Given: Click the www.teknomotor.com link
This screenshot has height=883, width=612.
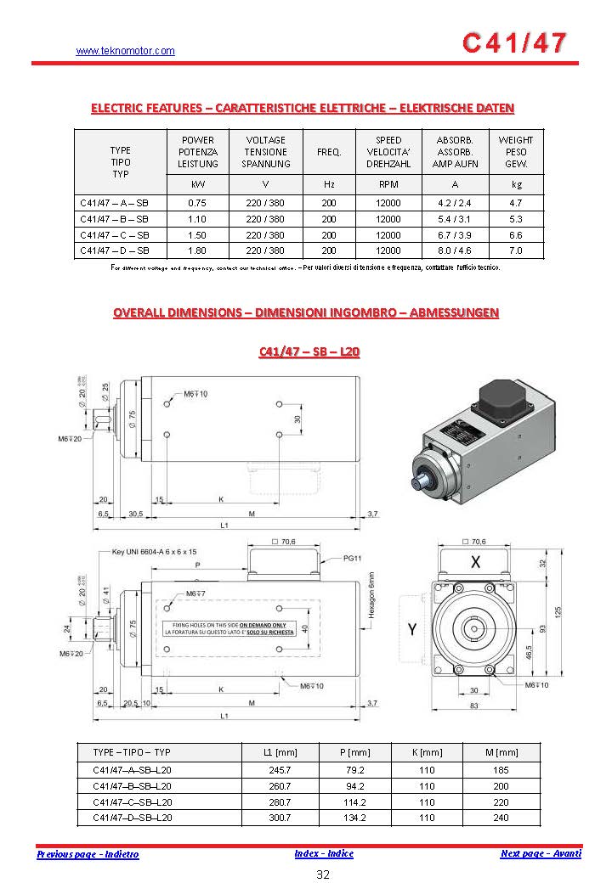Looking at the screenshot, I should tap(125, 51).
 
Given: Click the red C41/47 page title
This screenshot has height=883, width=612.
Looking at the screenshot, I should tap(513, 43).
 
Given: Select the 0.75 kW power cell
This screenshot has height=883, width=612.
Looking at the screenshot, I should tap(197, 203).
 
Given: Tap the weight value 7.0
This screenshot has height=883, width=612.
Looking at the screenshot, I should tap(515, 250).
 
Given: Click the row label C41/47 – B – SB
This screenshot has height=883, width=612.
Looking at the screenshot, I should tap(114, 219).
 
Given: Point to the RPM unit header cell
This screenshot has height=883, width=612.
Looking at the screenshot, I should tap(388, 183).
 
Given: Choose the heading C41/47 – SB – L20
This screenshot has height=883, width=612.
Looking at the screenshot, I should tap(309, 352).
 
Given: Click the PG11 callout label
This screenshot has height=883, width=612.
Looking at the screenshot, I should tap(353, 559).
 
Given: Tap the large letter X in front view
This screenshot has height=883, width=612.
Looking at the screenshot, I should tap(475, 562).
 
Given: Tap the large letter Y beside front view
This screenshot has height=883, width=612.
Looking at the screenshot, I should tap(411, 629).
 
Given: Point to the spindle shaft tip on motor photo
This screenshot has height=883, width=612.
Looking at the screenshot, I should tap(419, 481).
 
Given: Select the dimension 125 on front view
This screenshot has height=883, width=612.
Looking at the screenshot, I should tap(581, 612).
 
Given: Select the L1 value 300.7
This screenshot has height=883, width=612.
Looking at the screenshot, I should tap(280, 818).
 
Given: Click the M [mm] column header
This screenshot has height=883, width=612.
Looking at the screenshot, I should tap(501, 753).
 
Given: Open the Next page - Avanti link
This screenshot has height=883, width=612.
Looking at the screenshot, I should tap(541, 853).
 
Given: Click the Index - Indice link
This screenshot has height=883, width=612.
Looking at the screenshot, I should tap(324, 853).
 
